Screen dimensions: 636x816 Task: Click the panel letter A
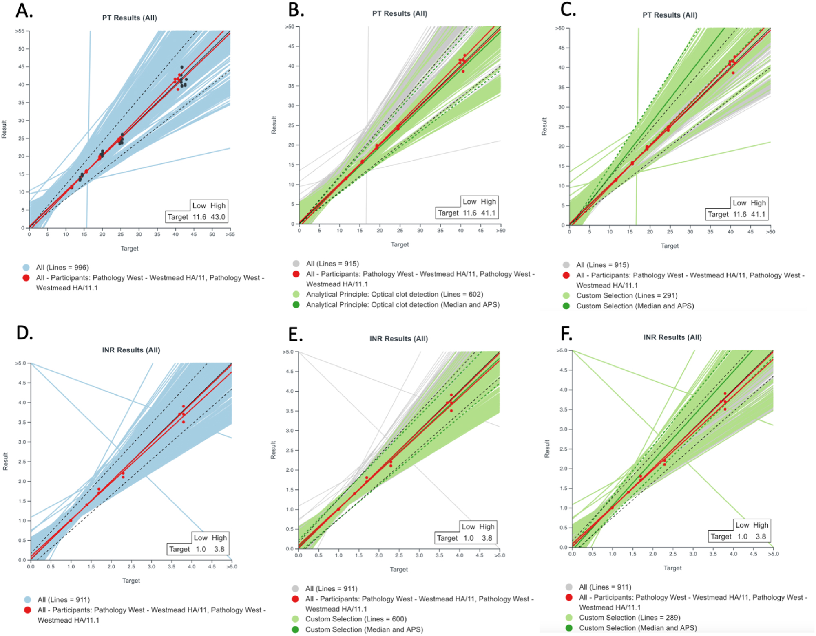pyautogui.click(x=24, y=11)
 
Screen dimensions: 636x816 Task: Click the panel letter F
pyautogui.click(x=566, y=334)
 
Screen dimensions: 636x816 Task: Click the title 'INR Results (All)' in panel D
pyautogui.click(x=131, y=350)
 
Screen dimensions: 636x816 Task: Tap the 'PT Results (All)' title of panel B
pyautogui.click(x=399, y=13)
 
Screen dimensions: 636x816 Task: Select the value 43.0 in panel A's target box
pyautogui.click(x=218, y=217)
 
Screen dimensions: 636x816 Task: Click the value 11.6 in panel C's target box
pyautogui.click(x=740, y=214)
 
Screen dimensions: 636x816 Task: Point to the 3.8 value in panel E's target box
pyautogui.click(x=487, y=538)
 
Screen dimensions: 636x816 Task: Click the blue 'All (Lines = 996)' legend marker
pyautogui.click(x=27, y=268)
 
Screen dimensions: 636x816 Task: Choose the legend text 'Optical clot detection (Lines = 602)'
pyautogui.click(x=394, y=294)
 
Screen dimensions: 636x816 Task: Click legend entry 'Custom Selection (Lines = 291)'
pyautogui.click(x=626, y=295)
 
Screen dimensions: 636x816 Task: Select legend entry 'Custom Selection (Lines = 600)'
pyautogui.click(x=356, y=619)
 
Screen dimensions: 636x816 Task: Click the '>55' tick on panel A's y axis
pyautogui.click(x=20, y=31)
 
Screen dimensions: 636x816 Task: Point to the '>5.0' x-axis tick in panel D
pyautogui.click(x=232, y=567)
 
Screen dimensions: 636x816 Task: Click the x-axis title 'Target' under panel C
pyautogui.click(x=670, y=246)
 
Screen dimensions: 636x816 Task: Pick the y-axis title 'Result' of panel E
pyautogui.click(x=273, y=450)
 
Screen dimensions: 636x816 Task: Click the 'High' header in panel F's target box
pyautogui.click(x=760, y=525)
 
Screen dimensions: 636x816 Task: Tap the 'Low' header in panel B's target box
pyautogui.click(x=469, y=202)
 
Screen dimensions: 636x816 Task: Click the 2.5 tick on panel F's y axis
pyautogui.click(x=563, y=449)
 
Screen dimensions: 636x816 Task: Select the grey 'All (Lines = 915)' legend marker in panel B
pyautogui.click(x=296, y=264)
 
